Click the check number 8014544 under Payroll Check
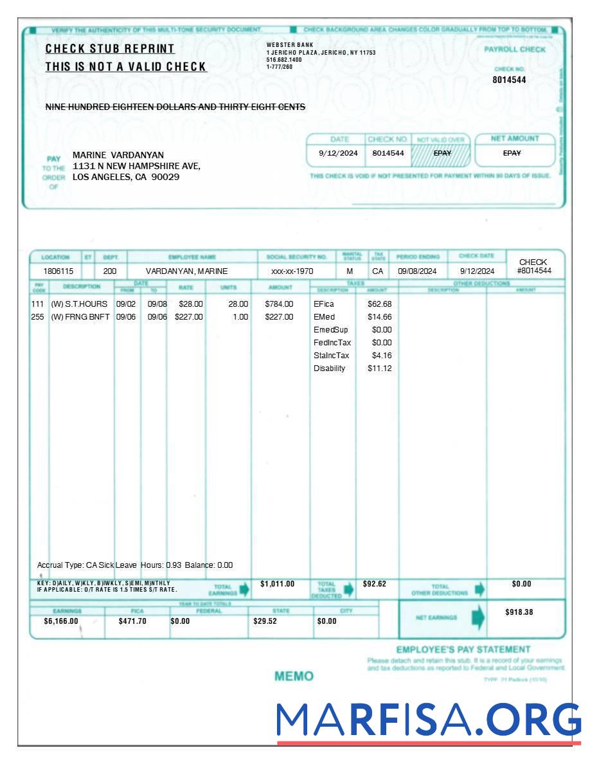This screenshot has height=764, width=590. pos(509,80)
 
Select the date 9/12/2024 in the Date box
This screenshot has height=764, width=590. pos(338,153)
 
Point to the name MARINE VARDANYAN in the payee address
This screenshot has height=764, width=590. pos(118,155)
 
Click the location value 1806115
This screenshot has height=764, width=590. pos(58,271)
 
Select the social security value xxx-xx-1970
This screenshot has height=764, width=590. pos(292,271)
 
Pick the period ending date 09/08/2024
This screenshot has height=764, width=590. pos(417,271)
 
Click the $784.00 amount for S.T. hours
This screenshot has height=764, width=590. pos(279,304)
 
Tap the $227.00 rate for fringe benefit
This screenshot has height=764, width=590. pos(189,317)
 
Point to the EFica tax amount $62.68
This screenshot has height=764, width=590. pos(379,304)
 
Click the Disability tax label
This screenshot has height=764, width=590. pos(329,368)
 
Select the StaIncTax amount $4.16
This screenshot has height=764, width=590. pos(381,356)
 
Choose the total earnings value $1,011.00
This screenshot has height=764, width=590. pos(277,584)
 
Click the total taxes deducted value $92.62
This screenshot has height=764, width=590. pos(375,584)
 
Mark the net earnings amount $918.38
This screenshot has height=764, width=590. pos(519,612)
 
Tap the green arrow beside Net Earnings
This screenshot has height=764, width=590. pos(478,618)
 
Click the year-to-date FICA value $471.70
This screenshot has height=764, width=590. pos(132,621)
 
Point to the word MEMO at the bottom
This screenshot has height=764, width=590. pos(294,676)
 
